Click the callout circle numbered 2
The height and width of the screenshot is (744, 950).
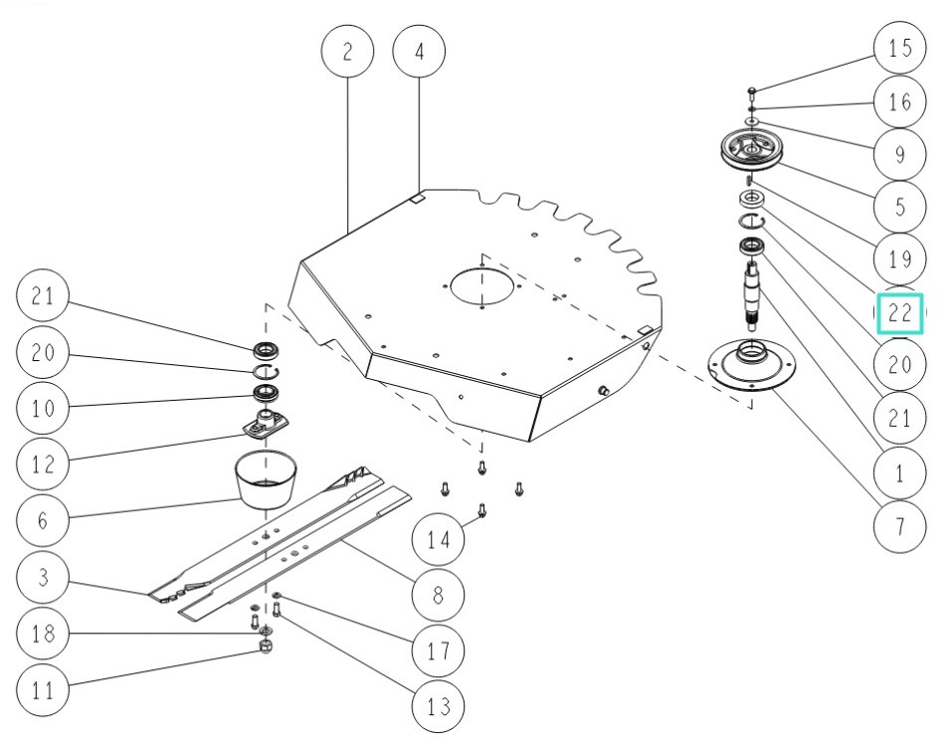coord(347,52)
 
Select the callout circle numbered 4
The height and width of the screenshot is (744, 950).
coord(419,52)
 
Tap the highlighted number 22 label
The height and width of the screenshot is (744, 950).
coord(900,313)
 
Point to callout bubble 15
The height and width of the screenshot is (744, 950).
coord(899,48)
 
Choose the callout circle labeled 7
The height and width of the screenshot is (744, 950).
coord(899,524)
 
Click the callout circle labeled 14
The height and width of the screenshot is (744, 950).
coord(439,540)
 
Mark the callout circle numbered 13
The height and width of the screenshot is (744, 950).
coord(439,705)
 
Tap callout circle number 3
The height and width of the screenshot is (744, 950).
coord(43,578)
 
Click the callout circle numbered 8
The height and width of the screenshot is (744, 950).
coord(439,595)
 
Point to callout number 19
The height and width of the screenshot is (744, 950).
coord(899,260)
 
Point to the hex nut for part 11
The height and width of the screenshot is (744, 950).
coord(267,648)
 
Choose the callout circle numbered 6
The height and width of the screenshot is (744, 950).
coord(43,519)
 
